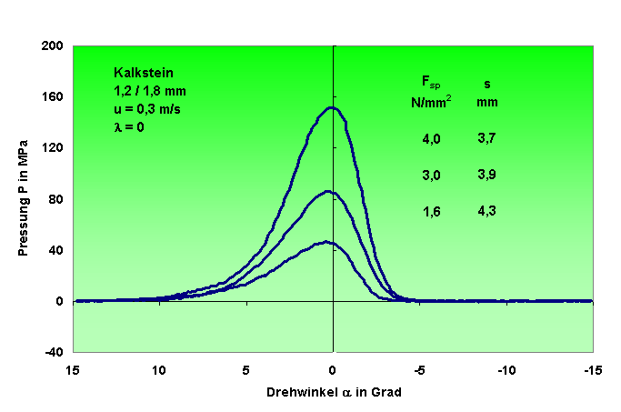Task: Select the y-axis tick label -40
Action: (54, 352)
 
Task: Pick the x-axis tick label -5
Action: (419, 371)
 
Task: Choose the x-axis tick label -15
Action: (591, 371)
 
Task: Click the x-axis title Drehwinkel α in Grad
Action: (334, 393)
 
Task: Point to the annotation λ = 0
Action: (128, 126)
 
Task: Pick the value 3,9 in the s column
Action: (487, 175)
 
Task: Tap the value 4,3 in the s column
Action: (487, 211)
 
